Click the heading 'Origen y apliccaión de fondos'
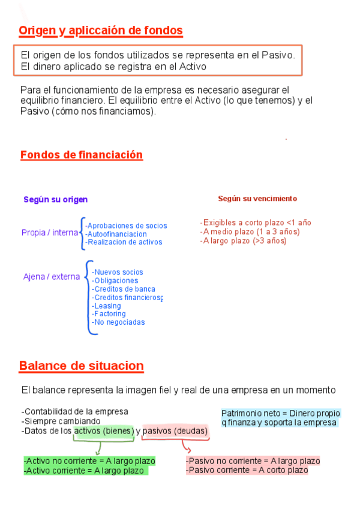point(100,31)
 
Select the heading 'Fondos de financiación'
point(82,155)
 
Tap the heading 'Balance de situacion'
point(81,366)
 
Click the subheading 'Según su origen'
point(56,199)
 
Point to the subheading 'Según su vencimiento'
point(257,199)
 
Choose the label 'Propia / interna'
point(50,233)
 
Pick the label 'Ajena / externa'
point(52,277)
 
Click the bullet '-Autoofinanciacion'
point(116,234)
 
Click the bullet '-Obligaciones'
point(115,280)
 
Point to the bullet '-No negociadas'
point(118,322)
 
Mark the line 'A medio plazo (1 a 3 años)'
point(250,232)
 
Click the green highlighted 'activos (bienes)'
point(104,431)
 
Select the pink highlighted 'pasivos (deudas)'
point(175,431)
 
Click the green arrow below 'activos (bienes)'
point(98,448)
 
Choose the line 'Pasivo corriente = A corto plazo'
point(247,470)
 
